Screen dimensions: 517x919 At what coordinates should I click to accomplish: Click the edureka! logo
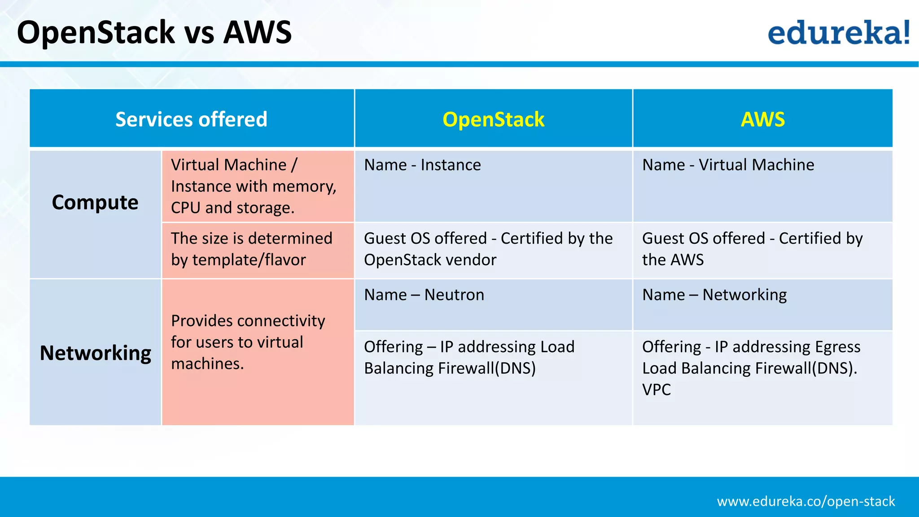838,32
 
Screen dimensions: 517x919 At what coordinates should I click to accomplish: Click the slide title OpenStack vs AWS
154,32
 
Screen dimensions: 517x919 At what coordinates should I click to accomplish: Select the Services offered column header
191,119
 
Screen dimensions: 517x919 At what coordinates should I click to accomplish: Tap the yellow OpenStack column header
493,119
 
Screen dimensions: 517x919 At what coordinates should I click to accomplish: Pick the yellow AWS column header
762,119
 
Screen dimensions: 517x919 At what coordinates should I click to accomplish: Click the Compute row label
95,202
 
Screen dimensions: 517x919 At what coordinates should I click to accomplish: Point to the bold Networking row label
95,353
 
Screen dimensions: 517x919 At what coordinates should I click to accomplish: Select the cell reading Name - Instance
422,165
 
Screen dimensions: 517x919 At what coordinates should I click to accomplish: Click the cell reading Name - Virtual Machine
728,165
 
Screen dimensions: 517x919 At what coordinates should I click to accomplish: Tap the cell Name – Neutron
424,295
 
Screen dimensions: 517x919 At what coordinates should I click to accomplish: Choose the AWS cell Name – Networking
714,295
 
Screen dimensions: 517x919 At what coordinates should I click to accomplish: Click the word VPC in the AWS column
656,390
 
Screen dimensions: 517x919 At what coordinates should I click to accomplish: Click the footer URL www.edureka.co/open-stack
805,501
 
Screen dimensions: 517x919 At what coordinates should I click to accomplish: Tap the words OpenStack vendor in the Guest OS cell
430,260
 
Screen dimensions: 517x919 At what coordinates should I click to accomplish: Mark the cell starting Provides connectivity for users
248,342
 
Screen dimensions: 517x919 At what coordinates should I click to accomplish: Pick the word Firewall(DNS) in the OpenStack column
487,368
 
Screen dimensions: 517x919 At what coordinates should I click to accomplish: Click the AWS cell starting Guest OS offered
752,249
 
